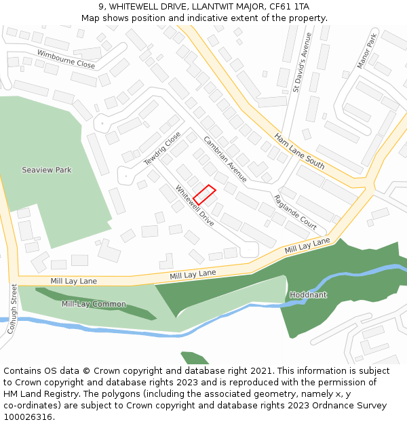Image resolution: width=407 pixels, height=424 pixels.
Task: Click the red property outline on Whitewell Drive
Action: click(205, 195)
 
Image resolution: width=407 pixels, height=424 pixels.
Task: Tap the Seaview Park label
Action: click(47, 170)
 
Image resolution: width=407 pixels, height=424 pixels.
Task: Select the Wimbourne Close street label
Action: click(66, 59)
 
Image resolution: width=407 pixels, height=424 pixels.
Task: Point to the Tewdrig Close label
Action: click(162, 149)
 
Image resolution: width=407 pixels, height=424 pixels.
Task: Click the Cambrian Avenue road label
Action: click(225, 159)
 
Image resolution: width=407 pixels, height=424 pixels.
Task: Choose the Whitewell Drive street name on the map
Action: click(195, 206)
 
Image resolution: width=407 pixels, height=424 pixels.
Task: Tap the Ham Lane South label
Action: click(299, 151)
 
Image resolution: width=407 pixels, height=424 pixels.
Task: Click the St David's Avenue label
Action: click(301, 62)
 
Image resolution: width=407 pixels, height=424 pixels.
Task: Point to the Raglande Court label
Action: click(295, 211)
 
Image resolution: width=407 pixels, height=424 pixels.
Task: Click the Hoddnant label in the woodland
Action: click(308, 295)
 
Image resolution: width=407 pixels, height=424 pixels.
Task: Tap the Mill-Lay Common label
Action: click(94, 304)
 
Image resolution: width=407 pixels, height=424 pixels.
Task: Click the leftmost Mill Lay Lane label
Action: click(73, 281)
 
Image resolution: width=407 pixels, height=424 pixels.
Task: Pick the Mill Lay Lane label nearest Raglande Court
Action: click(307, 246)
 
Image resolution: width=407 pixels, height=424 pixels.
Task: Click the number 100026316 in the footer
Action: click(27, 417)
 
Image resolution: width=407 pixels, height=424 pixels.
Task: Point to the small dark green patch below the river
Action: click(195, 358)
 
